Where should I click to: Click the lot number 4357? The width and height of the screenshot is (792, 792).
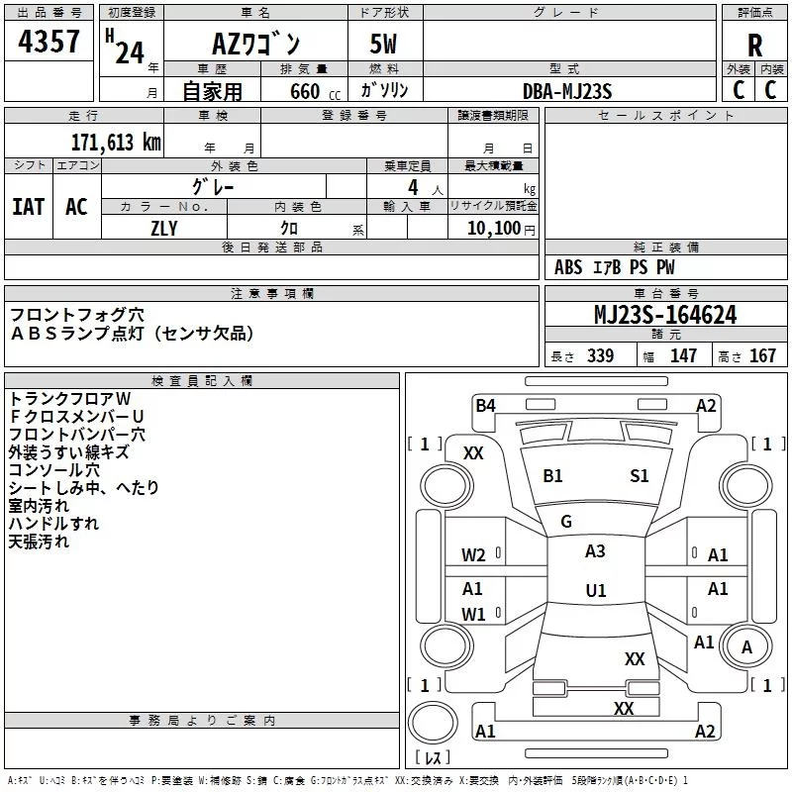tap(49, 42)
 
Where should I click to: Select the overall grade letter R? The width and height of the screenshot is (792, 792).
tap(754, 46)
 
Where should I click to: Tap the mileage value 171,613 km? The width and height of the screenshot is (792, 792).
tap(116, 143)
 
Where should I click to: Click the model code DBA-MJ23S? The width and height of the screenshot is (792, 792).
tap(567, 91)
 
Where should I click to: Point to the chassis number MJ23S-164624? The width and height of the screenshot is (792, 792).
tap(665, 315)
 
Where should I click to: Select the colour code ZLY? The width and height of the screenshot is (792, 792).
tap(164, 229)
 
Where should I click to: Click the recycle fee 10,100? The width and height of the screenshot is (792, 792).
tap(494, 228)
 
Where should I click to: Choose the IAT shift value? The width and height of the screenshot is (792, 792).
tap(29, 207)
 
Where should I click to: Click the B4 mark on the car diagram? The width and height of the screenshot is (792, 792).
tap(485, 406)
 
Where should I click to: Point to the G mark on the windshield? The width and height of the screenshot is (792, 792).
tap(566, 521)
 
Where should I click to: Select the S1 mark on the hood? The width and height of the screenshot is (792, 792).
tap(639, 476)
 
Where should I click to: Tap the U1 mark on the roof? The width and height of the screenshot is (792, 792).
tap(596, 590)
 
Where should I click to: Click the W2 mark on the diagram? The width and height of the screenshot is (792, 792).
tap(473, 555)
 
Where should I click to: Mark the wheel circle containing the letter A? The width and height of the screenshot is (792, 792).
tap(746, 646)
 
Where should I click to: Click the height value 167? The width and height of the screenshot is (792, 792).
tap(762, 355)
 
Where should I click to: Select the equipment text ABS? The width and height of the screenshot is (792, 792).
tap(568, 267)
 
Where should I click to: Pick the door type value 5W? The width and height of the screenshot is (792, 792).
tap(383, 44)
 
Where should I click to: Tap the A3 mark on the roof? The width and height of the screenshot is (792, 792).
tap(595, 551)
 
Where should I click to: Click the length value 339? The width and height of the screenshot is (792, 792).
tap(601, 355)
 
